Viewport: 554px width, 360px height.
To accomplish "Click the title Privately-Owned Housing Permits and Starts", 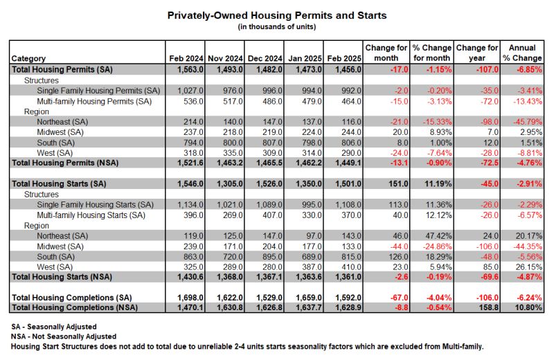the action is coord(277,15).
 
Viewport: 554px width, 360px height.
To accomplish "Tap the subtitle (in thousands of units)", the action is coord(277,27).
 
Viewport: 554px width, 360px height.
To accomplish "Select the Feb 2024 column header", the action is coord(186,58).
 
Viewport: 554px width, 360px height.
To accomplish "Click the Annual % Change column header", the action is coord(522,53).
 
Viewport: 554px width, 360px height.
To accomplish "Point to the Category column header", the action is coord(28,59).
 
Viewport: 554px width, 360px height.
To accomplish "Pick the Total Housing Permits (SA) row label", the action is coord(62,70).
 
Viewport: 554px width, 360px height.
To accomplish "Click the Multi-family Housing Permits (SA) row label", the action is coord(94,102).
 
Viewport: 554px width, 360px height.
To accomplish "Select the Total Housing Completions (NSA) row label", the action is coord(75,307).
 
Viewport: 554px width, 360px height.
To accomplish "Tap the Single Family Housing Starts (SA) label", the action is coord(96,205).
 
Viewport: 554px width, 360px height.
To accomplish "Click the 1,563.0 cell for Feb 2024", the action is coord(190,70).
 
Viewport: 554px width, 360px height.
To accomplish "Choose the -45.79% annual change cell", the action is coord(528,123).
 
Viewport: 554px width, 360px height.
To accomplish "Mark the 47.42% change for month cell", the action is coord(439,236).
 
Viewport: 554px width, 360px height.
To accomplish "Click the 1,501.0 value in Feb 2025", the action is coord(348,184).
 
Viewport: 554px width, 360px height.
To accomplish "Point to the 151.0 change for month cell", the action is coord(398,184).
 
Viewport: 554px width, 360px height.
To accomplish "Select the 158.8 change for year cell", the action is coord(489,307).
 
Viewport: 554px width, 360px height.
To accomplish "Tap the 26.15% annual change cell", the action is coord(529,267).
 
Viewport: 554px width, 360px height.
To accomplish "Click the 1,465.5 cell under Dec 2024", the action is coord(269,163).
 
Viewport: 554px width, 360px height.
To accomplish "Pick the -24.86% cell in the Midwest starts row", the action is coord(438,246).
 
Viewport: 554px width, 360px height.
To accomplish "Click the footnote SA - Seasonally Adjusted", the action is coord(54,327).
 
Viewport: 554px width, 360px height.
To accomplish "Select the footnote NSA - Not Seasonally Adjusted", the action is coord(64,336).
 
